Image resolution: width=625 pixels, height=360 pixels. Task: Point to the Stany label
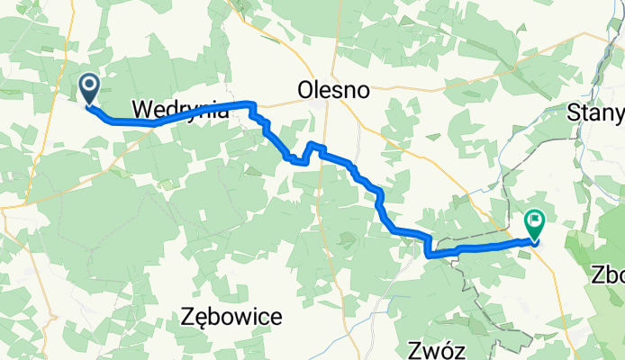pos(597,112)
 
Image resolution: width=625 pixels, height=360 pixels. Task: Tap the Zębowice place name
pos(231,317)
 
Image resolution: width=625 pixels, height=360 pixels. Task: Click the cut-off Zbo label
pos(609,274)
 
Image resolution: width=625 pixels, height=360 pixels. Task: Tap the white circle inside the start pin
pos(91,85)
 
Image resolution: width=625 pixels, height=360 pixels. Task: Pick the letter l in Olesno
pos(318,90)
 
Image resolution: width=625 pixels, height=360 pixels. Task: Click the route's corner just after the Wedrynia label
pos(251,104)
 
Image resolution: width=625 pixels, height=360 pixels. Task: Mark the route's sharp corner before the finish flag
pos(428,254)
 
